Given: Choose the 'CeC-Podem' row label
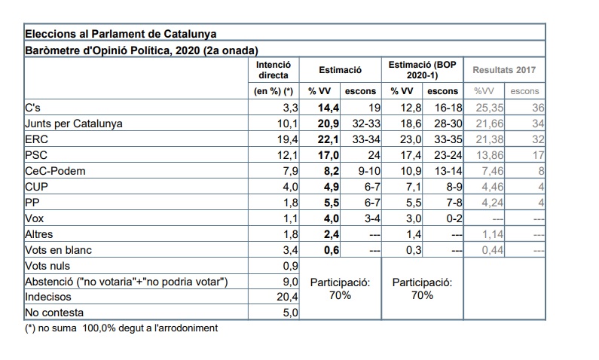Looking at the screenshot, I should point(56,171).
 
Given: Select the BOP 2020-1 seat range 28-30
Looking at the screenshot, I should point(443,124).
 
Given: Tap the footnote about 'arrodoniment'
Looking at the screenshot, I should point(121,328).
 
